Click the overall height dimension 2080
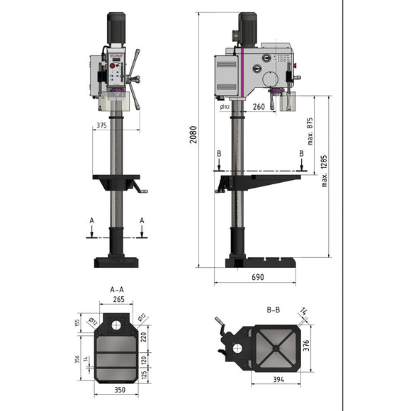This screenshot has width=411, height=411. (x=193, y=135)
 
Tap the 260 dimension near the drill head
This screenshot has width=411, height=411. (x=258, y=107)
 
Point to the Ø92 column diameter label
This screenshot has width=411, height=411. (x=225, y=107)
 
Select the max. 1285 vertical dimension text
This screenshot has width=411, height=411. (x=325, y=172)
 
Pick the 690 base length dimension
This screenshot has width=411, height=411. (x=257, y=278)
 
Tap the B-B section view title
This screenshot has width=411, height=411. (x=274, y=310)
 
